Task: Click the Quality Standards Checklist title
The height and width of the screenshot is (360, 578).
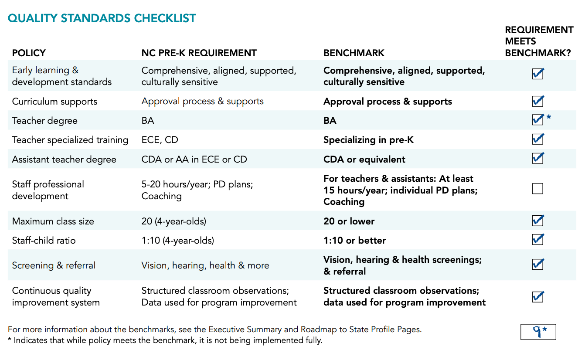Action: point(102,18)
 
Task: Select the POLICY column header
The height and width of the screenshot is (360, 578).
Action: point(29,53)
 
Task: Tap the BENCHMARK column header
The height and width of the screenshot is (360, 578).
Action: point(354,53)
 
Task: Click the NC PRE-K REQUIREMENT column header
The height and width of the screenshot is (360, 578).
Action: point(199,53)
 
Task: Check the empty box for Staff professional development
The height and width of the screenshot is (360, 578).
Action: point(537,189)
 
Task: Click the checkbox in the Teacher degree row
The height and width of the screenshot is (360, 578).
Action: point(537,119)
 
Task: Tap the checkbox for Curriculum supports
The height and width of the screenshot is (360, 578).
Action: point(537,101)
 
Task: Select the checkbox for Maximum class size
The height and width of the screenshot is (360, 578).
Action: point(537,221)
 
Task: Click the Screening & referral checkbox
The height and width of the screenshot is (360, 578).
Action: point(537,264)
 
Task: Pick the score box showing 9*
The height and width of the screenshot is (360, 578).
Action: point(538,332)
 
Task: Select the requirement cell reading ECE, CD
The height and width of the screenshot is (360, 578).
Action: point(160,140)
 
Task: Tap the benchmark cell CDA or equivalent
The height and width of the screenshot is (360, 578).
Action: point(364,160)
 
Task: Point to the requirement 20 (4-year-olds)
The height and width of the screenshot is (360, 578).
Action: point(173,221)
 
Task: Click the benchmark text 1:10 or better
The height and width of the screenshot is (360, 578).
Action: point(354,241)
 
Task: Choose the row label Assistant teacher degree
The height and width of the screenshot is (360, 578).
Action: point(64,160)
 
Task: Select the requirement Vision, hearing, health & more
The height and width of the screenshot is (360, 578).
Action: point(205,265)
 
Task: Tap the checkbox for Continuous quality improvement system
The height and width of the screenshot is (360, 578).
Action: point(537,297)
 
